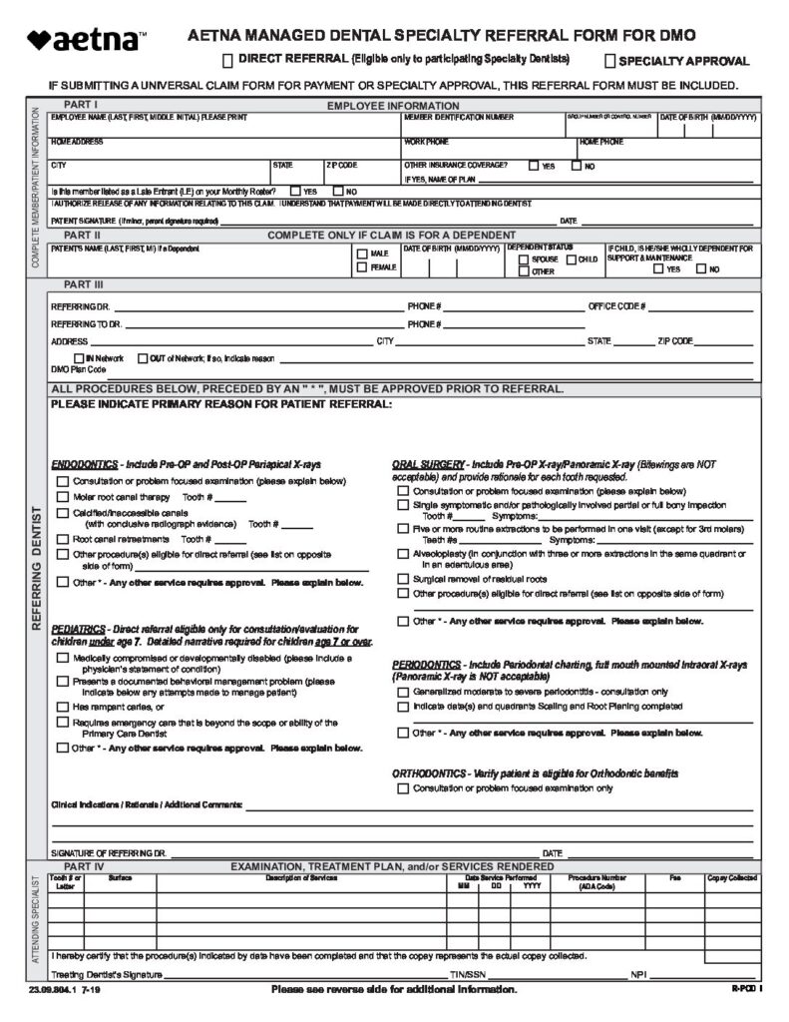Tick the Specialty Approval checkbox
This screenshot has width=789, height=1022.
click(x=610, y=61)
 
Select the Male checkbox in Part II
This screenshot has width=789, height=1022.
click(x=361, y=254)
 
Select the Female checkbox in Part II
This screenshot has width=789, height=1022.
click(x=361, y=267)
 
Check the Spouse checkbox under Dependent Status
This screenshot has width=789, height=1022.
click(x=511, y=258)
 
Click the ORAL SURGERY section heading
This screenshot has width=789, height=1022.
click(x=428, y=465)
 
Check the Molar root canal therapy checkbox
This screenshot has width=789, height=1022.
click(x=63, y=497)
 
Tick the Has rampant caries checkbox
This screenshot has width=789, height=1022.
click(x=63, y=707)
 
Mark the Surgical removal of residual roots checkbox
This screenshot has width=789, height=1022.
click(x=403, y=578)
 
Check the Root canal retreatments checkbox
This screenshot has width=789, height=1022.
click(x=63, y=539)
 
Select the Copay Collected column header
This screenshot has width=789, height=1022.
click(x=731, y=878)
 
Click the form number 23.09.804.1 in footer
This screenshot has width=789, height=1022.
click(x=50, y=989)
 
